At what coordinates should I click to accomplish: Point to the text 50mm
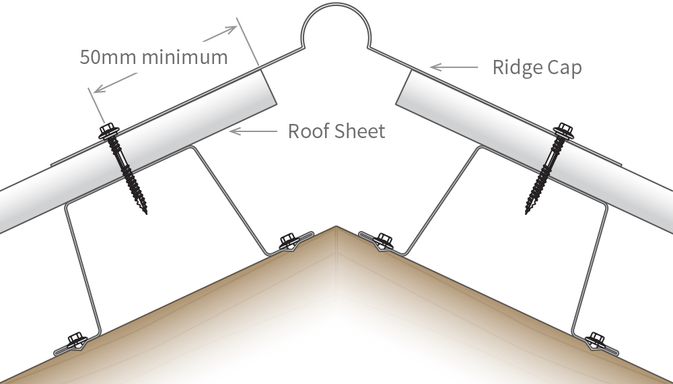pyautogui.click(x=108, y=57)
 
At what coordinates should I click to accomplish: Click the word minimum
pyautogui.click(x=185, y=57)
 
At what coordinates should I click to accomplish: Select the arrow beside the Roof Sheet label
pyautogui.click(x=252, y=131)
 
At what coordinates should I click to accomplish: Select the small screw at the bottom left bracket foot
pyautogui.click(x=74, y=340)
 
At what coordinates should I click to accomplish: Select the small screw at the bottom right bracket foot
pyautogui.click(x=596, y=340)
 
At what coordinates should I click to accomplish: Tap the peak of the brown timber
pyautogui.click(x=336, y=229)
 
